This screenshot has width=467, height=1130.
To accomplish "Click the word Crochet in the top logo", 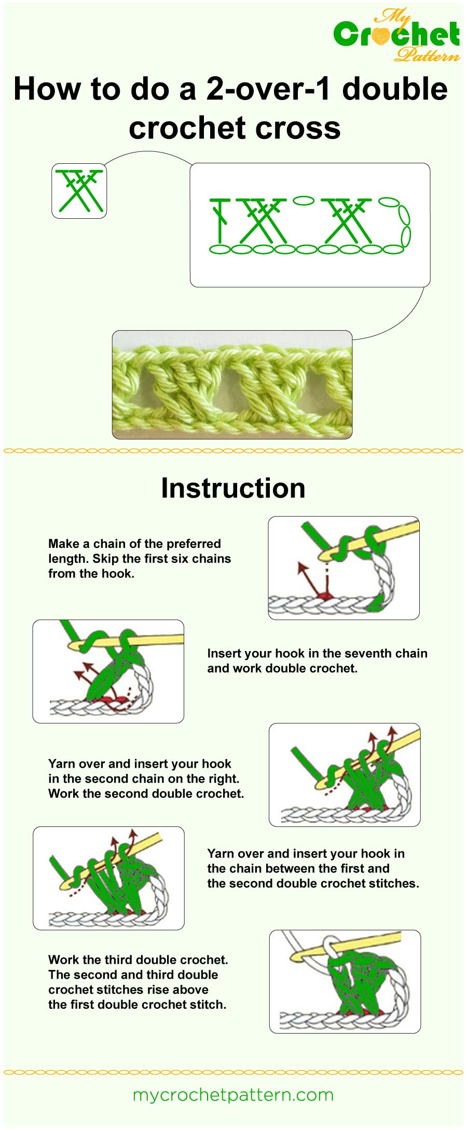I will (396, 34).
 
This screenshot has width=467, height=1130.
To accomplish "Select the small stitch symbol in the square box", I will (79, 190).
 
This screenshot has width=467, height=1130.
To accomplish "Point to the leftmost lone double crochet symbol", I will (221, 220).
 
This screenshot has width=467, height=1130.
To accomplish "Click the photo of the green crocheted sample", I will (232, 385).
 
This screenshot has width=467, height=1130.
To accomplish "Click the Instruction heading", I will (233, 488).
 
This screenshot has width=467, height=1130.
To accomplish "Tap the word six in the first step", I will (180, 559).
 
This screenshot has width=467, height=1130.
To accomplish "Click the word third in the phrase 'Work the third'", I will (120, 960).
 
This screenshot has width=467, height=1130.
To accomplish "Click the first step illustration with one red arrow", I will (344, 568).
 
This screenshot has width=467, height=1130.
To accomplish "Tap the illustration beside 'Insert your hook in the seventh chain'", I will (108, 671).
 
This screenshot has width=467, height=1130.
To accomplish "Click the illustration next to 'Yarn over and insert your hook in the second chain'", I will (345, 774).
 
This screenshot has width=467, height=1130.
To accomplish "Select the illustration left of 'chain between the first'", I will (108, 878).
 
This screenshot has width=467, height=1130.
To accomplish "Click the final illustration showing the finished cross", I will (345, 981).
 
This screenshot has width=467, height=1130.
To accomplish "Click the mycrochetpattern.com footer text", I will (233, 1095).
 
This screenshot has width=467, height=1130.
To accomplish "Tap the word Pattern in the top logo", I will (427, 54).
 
